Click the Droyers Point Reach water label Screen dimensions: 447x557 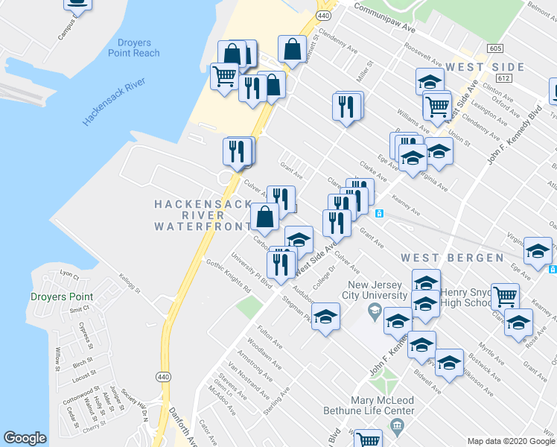pos(138,48)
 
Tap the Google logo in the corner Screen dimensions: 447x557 pos(25,438)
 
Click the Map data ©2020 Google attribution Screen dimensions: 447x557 pos(509,441)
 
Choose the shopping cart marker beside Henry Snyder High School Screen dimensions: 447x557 pos(505,295)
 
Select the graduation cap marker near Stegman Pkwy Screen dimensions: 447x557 pos(325,317)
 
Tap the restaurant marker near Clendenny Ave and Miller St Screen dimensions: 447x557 pos(347,107)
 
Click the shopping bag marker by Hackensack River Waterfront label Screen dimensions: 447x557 pos(265,217)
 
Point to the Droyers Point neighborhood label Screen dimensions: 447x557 pos(62,297)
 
